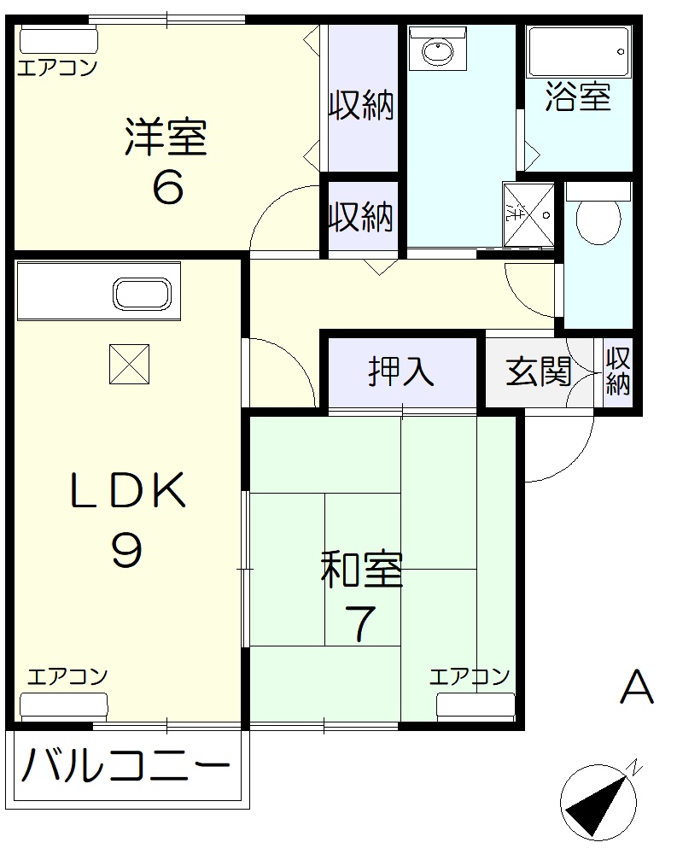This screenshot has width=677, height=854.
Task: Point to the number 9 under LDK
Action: (x=126, y=551)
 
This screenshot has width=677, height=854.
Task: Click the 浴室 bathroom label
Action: (x=578, y=98)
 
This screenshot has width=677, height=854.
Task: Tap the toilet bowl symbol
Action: (x=598, y=220)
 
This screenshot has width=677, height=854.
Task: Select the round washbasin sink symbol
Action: (x=437, y=52)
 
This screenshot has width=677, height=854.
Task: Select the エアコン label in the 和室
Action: (x=469, y=677)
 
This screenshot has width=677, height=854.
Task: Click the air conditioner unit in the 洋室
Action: (x=59, y=41)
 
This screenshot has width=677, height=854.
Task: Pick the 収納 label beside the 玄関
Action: (x=618, y=371)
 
